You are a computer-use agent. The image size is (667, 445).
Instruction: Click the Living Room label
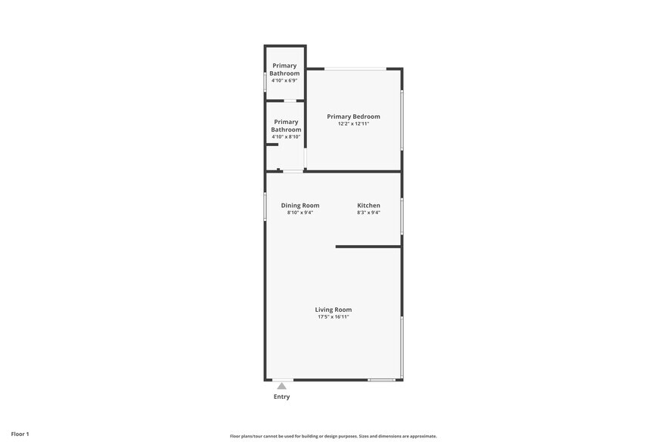(333, 310)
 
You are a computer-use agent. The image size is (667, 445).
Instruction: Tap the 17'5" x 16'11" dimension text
(333, 317)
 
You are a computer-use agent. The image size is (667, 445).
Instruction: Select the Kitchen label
(368, 205)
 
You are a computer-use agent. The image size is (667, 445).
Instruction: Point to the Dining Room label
(300, 205)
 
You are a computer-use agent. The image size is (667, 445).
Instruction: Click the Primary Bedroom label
(353, 117)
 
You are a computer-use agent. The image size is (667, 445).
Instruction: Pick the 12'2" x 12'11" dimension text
(353, 124)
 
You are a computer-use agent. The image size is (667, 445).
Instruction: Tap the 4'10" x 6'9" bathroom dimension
(284, 80)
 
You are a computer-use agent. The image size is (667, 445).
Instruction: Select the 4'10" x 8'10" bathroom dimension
(286, 137)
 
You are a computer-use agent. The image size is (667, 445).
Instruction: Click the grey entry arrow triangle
(281, 386)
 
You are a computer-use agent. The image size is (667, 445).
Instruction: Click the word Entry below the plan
(281, 397)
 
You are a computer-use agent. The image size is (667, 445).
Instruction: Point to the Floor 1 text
(20, 434)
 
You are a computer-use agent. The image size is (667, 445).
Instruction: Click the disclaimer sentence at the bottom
(333, 436)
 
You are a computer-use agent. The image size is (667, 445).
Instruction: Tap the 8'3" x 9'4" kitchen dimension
(368, 213)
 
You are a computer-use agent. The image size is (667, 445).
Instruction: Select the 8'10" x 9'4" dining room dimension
(300, 213)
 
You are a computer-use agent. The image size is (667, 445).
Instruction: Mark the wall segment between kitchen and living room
(368, 247)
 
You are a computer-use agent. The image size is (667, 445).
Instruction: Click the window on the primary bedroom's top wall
(355, 69)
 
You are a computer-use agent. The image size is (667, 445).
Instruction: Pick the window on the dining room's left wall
(265, 206)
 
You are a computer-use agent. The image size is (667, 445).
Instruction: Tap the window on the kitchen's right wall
(402, 216)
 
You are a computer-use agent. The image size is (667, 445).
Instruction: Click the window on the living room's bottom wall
(381, 379)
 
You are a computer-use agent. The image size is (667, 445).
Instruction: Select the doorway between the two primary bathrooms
(290, 101)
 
